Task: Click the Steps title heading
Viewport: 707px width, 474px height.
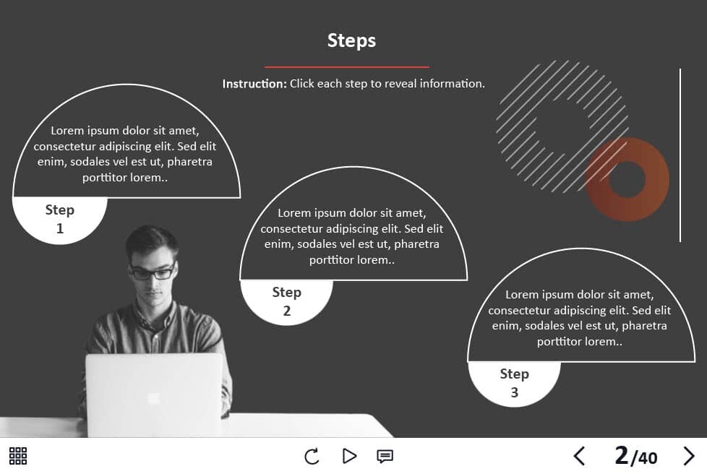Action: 351,40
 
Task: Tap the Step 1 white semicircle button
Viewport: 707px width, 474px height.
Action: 60,220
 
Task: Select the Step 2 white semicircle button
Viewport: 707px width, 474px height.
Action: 287,302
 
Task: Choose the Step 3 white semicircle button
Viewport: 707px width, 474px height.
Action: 515,384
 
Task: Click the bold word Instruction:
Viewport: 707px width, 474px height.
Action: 254,84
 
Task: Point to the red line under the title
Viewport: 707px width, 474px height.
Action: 347,67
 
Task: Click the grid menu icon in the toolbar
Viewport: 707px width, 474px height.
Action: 18,456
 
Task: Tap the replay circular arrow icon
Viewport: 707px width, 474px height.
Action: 312,457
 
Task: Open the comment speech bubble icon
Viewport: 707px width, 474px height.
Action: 385,457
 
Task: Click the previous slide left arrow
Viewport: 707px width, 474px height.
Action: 579,456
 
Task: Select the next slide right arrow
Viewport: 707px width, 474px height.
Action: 688,456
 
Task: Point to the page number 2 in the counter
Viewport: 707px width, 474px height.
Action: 621,455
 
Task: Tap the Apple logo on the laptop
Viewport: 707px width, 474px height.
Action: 153,398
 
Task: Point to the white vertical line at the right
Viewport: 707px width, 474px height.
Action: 680,155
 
